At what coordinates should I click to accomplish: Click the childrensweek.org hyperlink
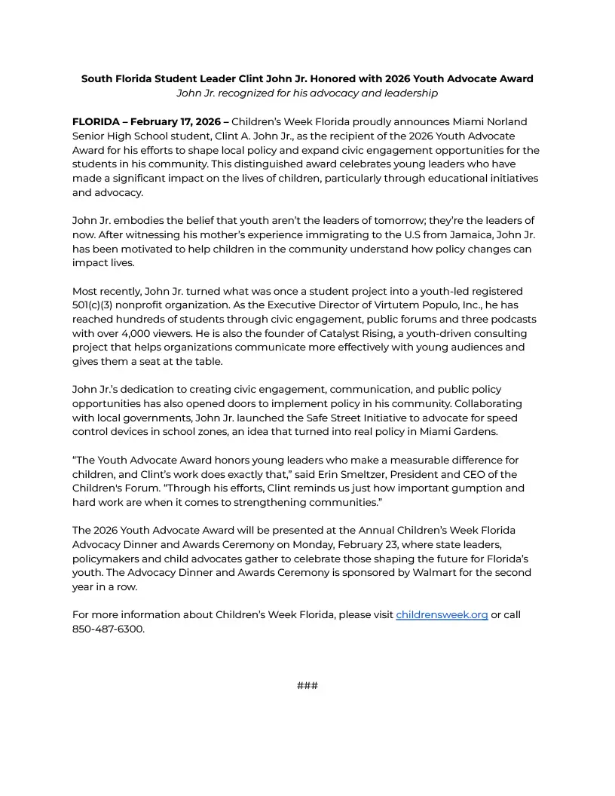coord(442,615)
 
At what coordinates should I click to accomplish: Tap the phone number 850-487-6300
coord(108,629)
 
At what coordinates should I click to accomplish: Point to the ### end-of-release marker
coord(307,685)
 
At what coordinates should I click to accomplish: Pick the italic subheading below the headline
coord(307,93)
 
